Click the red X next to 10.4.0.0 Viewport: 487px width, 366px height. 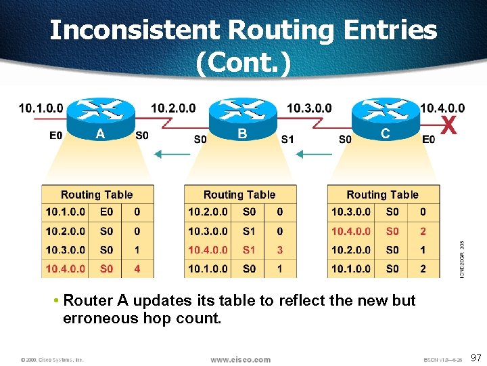pos(448,125)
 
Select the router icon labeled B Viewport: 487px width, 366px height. pos(242,117)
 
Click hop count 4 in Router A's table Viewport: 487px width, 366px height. pos(137,268)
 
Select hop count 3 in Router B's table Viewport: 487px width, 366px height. pos(280,249)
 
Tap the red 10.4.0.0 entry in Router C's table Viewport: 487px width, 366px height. pos(350,231)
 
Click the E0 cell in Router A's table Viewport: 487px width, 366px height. pos(106,212)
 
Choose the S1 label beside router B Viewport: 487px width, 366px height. pos(287,140)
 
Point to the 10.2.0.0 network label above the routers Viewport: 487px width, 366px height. pos(173,108)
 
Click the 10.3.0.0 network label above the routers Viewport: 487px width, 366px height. pos(309,108)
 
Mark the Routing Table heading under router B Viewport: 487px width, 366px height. pos(239,195)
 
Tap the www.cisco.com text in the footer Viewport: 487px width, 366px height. pos(240,359)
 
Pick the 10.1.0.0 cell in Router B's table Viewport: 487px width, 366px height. pos(208,268)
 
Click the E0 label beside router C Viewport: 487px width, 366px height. pos(428,140)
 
